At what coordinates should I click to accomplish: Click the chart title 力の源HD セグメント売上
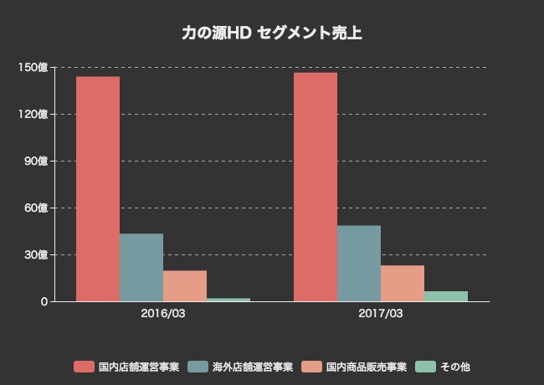coord(272,33)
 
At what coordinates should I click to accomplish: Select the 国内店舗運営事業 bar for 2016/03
coord(98,188)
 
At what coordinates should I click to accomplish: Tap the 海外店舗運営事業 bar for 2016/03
coord(141,267)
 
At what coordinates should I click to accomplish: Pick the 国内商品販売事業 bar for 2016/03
coord(185,285)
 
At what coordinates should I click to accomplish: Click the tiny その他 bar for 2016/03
coord(228,299)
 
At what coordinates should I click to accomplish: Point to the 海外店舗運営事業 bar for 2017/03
coord(359,263)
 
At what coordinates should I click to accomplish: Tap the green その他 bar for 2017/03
coord(446,296)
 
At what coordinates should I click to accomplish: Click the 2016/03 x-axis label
coord(163,314)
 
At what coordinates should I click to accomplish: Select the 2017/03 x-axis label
coord(381,314)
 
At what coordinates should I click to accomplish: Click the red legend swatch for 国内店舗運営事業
coord(83,367)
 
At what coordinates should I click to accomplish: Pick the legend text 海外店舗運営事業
coord(253,367)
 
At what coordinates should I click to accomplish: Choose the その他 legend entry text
coord(457,367)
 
